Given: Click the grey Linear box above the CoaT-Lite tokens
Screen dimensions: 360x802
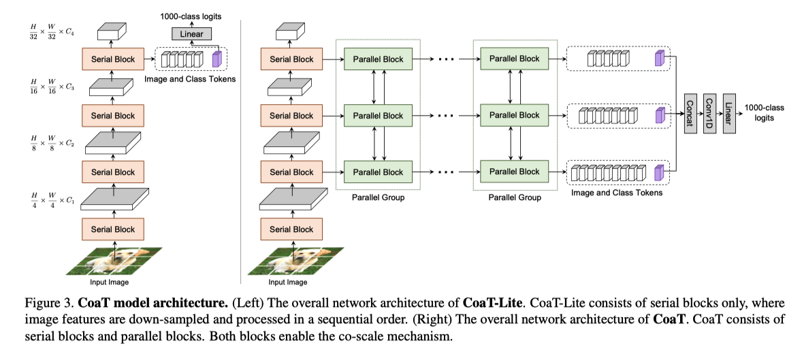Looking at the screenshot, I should pyautogui.click(x=192, y=33).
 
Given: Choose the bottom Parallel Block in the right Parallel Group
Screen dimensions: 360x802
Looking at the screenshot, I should pyautogui.click(x=514, y=171).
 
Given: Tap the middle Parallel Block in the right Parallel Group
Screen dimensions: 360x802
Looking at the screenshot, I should pyautogui.click(x=514, y=115).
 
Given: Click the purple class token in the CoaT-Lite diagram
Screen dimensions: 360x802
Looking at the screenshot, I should pyautogui.click(x=217, y=59).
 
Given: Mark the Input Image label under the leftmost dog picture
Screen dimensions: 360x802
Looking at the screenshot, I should pyautogui.click(x=109, y=282).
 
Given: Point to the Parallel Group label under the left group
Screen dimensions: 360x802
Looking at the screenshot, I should pyautogui.click(x=378, y=198).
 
